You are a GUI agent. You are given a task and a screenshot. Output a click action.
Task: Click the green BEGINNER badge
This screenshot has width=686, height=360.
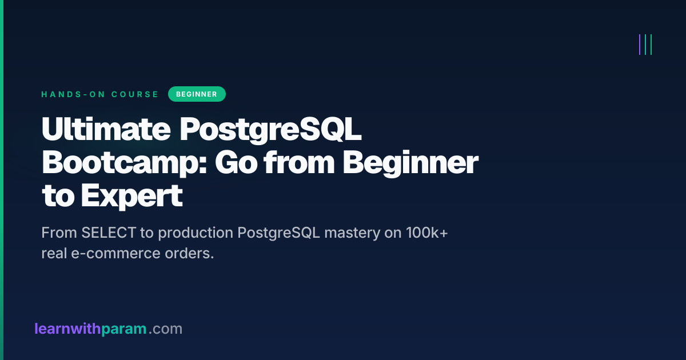pos(197,94)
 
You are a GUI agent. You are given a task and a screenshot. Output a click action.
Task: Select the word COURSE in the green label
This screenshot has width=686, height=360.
pos(135,94)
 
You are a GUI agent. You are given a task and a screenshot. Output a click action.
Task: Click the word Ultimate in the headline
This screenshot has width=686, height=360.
pos(106,129)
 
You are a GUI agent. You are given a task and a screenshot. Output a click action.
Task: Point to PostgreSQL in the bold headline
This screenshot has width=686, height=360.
pos(270,130)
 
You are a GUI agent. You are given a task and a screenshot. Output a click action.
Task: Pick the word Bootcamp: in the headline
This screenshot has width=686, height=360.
pos(125,163)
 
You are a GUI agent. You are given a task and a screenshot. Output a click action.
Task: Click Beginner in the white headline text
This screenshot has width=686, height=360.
pos(410,163)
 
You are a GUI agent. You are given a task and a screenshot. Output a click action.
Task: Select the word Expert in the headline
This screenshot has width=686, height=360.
pos(131,196)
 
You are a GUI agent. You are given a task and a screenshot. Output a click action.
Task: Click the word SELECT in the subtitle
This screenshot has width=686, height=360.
pos(109,233)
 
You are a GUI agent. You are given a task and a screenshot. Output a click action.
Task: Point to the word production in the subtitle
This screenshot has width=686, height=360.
pos(196,233)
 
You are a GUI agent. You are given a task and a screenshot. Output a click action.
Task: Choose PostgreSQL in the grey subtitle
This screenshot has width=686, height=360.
pos(279,233)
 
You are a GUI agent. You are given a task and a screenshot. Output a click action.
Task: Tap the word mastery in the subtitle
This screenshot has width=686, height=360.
pos(352,233)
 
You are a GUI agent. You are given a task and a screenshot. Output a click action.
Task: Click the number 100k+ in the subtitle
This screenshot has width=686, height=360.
pos(427,233)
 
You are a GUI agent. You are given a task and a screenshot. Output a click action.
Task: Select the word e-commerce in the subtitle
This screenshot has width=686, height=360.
pos(115,254)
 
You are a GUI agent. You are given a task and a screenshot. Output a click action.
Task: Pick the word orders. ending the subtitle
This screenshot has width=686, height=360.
pos(189,254)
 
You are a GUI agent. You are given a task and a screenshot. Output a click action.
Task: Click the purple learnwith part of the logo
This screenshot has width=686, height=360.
pos(67,329)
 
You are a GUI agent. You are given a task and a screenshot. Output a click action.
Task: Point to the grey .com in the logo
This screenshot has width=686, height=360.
pos(166,329)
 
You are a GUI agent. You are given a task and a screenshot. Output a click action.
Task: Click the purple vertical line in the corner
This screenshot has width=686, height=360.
pos(640,45)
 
